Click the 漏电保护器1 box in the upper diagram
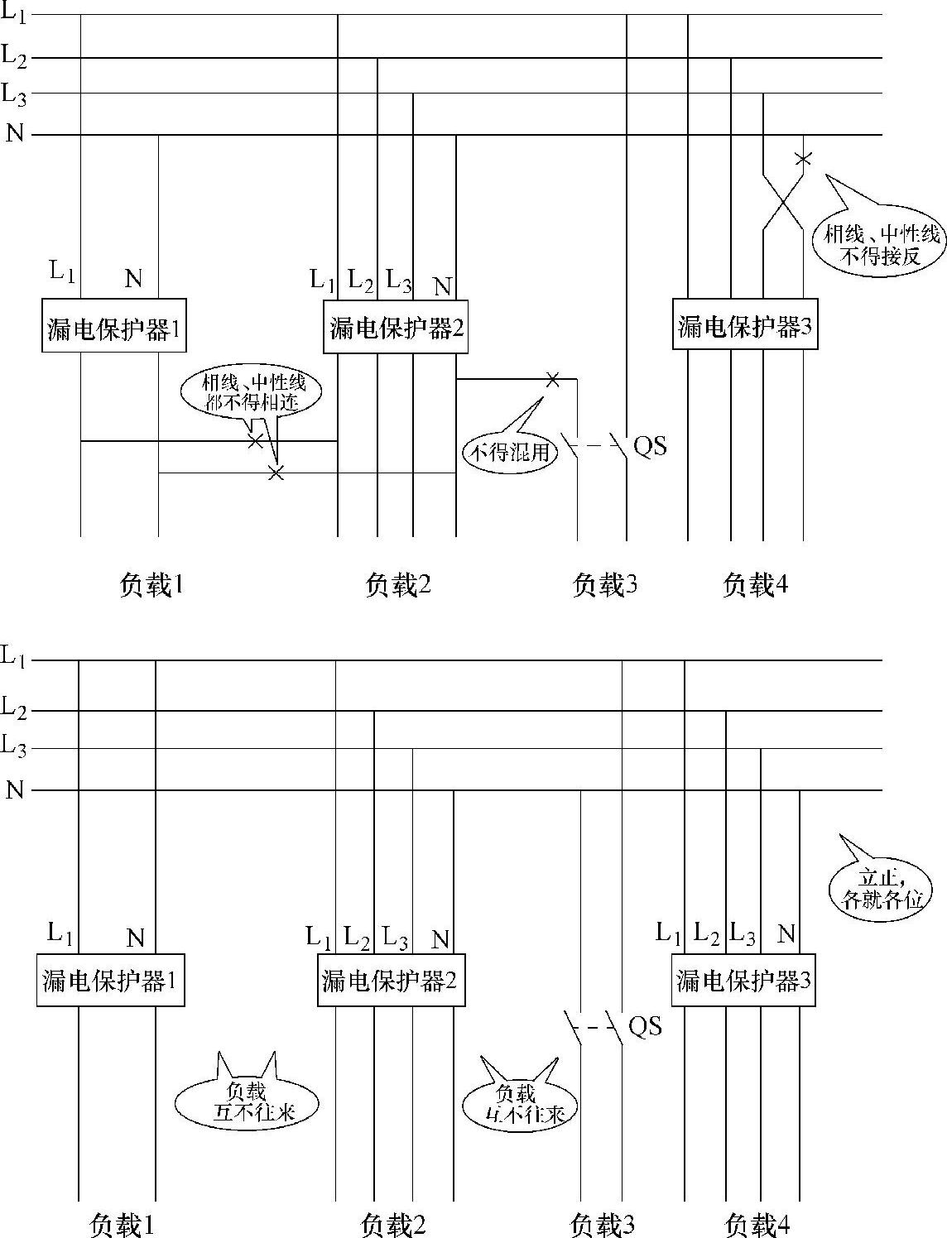[114, 326]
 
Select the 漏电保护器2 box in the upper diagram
[396, 326]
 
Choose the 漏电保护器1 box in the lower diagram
[110, 981]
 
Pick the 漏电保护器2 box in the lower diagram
[389, 981]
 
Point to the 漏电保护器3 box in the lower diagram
[743, 981]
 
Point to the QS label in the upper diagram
[650, 446]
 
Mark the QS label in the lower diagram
[646, 1026]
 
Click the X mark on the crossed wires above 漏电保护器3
[802, 158]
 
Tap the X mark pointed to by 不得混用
[552, 380]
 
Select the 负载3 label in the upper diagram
[605, 585]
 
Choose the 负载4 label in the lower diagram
[757, 1224]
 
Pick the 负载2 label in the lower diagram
[394, 1224]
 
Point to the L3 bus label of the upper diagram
[14, 94]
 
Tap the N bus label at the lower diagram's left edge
[14, 789]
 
